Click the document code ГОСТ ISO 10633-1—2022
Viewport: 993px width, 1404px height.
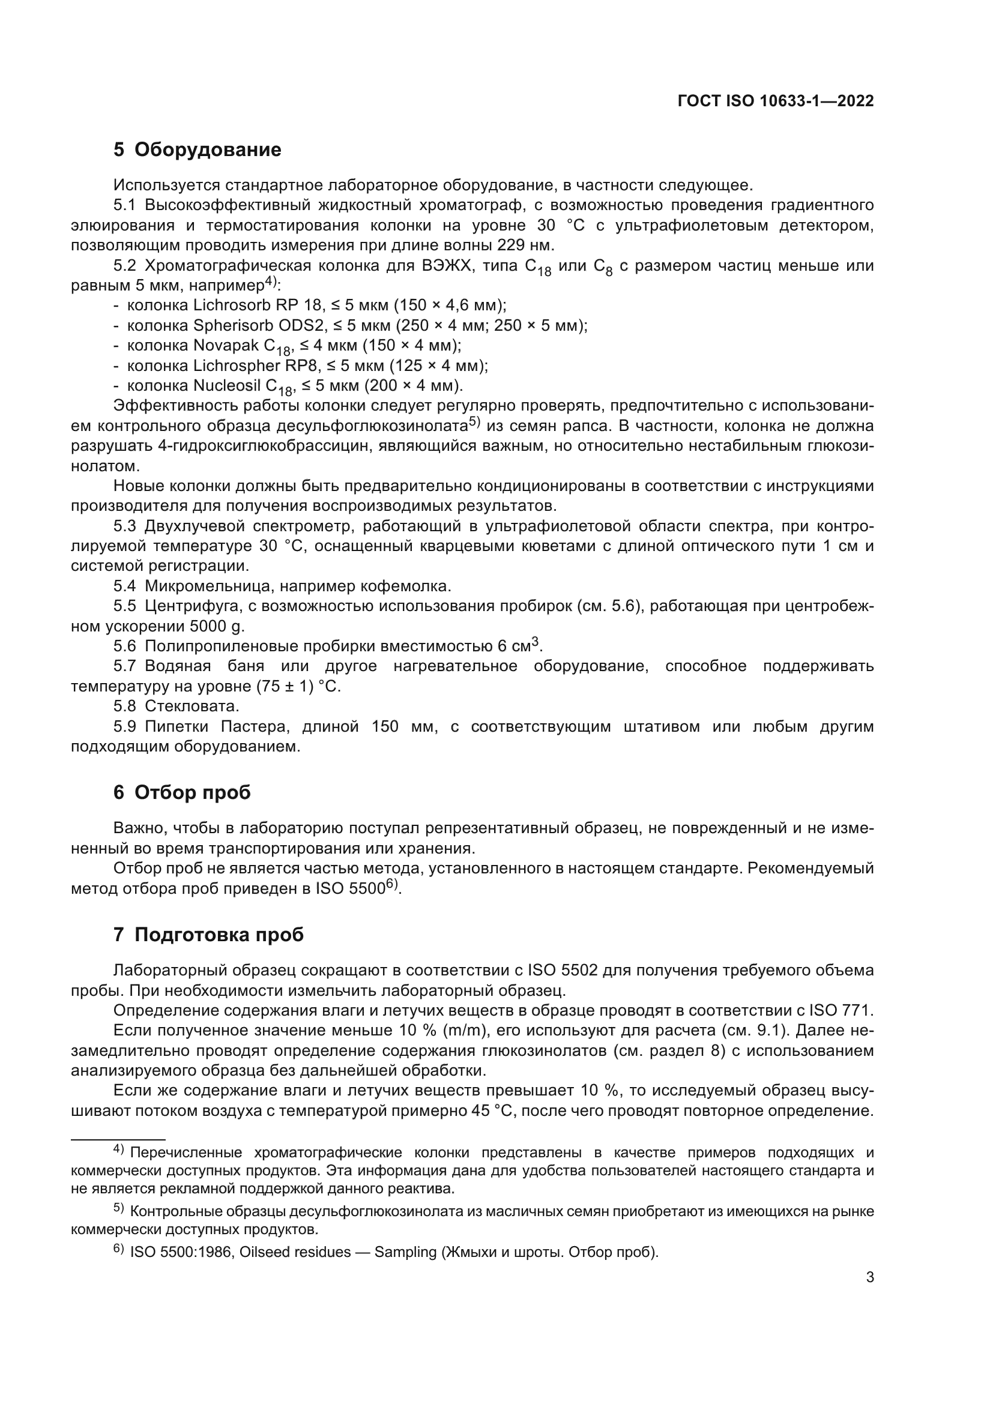pyautogui.click(x=775, y=101)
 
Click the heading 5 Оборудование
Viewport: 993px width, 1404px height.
pyautogui.click(x=197, y=150)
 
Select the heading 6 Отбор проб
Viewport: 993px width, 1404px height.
pyautogui.click(x=181, y=792)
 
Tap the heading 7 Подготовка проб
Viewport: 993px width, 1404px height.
pyautogui.click(x=208, y=935)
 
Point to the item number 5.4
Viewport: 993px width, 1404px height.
pyautogui.click(x=124, y=586)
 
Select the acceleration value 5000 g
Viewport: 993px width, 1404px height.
pyautogui.click(x=217, y=627)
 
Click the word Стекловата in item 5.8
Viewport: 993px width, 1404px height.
pyautogui.click(x=192, y=707)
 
